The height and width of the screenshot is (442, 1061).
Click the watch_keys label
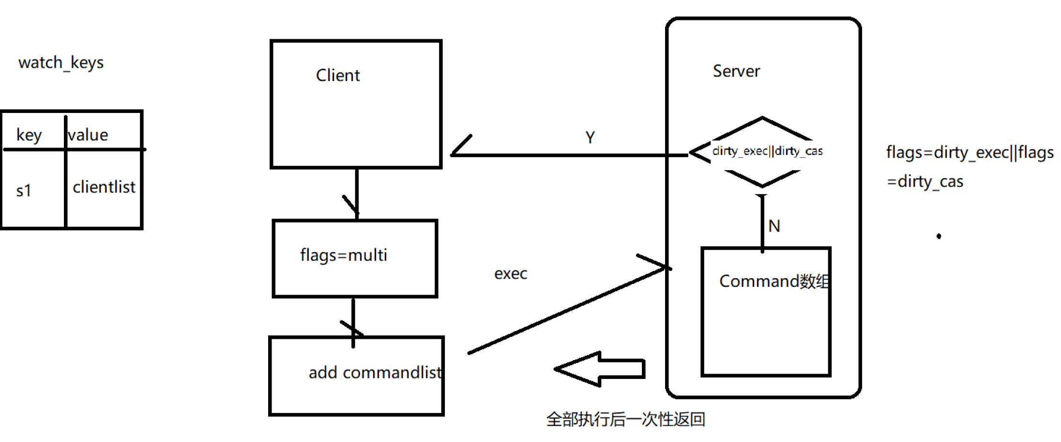(x=61, y=63)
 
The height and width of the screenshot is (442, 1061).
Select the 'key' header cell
(x=29, y=135)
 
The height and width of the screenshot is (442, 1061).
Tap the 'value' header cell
(x=88, y=135)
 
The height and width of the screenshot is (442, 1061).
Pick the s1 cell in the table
(x=24, y=190)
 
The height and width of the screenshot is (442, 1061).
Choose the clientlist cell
(x=104, y=187)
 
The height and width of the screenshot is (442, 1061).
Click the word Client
(x=338, y=76)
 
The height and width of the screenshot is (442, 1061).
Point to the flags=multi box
(x=355, y=258)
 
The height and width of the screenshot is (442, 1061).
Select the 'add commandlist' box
(x=356, y=376)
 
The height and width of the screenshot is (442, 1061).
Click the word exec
(x=511, y=274)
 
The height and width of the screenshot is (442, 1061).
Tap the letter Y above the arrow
(x=590, y=138)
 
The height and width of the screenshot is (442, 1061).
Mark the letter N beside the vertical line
(x=774, y=226)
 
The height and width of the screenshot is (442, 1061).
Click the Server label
(x=736, y=71)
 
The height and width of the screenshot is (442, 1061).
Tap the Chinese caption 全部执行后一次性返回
(x=625, y=419)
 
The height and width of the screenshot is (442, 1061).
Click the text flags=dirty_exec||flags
(x=970, y=152)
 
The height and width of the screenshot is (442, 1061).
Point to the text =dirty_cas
(x=925, y=181)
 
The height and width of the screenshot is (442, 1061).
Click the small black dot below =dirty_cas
(x=939, y=236)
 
